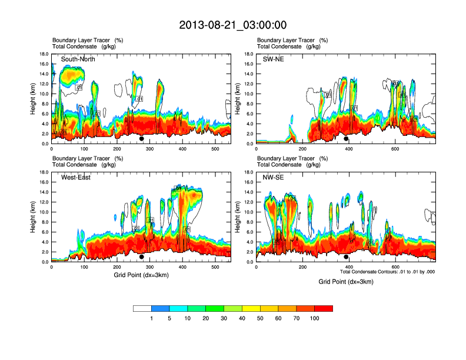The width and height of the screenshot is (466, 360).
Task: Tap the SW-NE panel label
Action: [274, 59]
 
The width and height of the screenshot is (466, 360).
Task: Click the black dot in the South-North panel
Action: [142, 139]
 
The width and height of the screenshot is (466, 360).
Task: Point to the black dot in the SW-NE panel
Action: [346, 139]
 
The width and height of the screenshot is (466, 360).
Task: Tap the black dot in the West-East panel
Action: [142, 257]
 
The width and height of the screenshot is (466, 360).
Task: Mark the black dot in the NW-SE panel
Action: [346, 257]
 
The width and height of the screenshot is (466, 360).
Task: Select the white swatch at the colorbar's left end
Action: [142, 308]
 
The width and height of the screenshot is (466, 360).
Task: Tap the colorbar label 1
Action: [152, 318]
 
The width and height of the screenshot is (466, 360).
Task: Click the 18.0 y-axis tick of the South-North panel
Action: [44, 54]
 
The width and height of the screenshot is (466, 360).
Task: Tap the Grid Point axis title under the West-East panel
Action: [141, 275]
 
